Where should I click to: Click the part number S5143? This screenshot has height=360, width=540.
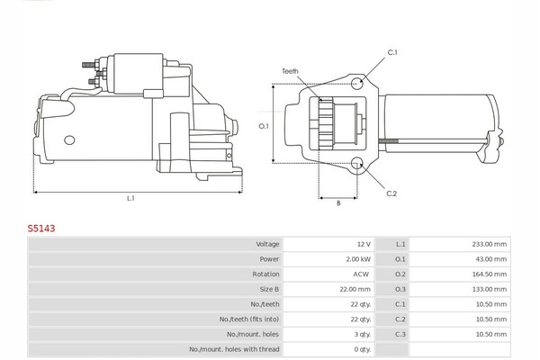(40, 229)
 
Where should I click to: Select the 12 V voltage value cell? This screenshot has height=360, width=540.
(362, 244)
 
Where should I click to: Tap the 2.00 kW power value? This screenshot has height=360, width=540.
(357, 259)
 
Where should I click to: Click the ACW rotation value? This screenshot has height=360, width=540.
(361, 274)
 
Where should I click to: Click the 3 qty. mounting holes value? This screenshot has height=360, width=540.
(361, 334)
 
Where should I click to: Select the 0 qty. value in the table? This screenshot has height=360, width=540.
(361, 349)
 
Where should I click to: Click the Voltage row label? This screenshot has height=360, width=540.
(267, 244)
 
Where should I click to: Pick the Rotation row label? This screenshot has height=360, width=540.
(265, 274)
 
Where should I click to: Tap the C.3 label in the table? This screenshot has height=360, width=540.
(400, 334)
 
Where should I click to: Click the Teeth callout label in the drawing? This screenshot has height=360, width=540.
(289, 70)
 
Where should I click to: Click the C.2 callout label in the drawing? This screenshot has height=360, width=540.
(391, 193)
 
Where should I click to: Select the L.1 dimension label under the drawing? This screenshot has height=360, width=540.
(130, 198)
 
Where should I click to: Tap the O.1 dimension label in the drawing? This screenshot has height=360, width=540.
(264, 126)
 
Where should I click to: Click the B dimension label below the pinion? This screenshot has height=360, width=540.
(338, 203)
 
